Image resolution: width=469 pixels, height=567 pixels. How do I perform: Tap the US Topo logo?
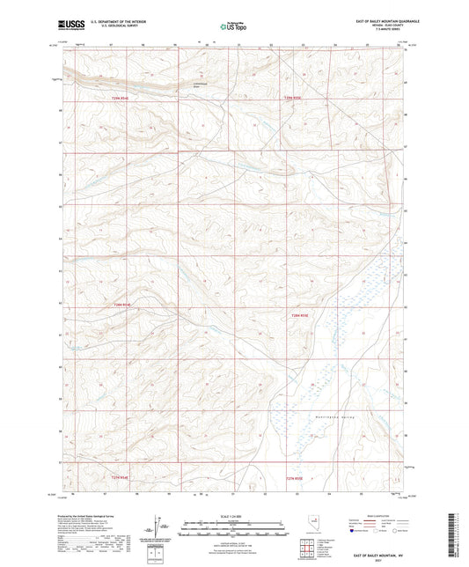pos(233,27)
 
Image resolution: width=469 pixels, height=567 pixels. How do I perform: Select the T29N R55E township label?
pos(292,99)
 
